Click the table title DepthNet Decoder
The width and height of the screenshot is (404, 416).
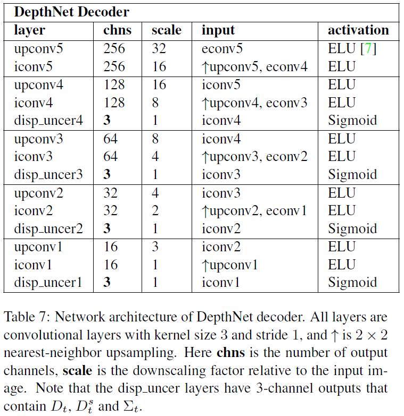pyautogui.click(x=71, y=11)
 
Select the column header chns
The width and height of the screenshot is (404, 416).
pyautogui.click(x=117, y=30)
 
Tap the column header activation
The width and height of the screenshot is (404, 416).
pyautogui.click(x=358, y=30)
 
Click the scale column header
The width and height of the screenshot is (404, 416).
pyautogui.click(x=166, y=30)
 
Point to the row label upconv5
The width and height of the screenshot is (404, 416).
pyautogui.click(x=39, y=48)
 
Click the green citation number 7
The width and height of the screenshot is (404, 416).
pyautogui.click(x=367, y=48)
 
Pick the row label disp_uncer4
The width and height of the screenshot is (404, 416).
pyautogui.click(x=48, y=121)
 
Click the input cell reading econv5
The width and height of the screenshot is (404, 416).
pyautogui.click(x=222, y=48)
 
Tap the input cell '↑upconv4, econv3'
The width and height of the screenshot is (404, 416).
pyautogui.click(x=254, y=103)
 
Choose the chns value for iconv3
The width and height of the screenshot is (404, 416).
pyautogui.click(x=110, y=157)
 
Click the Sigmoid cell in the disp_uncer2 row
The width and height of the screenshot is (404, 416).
pyautogui.click(x=352, y=228)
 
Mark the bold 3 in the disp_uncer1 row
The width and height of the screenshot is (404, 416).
pyautogui.click(x=107, y=283)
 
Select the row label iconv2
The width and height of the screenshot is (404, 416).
pyautogui.click(x=35, y=210)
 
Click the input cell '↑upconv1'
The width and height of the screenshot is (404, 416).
pyautogui.click(x=230, y=265)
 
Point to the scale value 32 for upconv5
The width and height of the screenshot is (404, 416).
pyautogui.click(x=159, y=48)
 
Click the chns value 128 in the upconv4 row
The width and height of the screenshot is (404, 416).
pyautogui.click(x=114, y=84)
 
